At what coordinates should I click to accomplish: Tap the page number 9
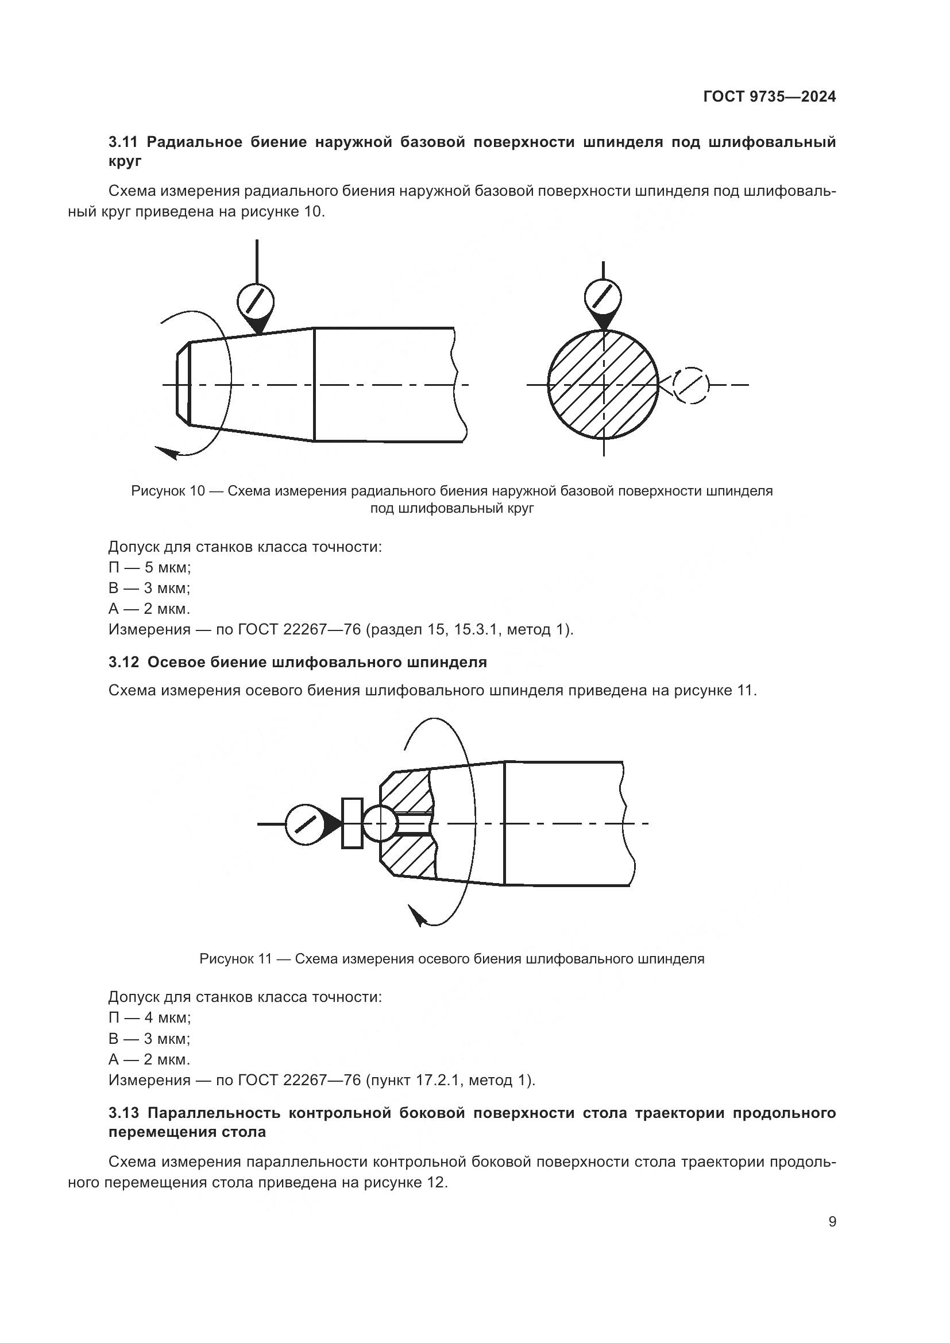pyautogui.click(x=832, y=1222)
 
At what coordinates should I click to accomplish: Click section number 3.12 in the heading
pyautogui.click(x=123, y=662)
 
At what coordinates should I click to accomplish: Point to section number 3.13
pyautogui.click(x=123, y=1113)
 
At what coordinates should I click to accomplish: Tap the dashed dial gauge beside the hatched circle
pyautogui.click(x=691, y=385)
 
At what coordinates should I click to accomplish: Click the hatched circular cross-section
pyautogui.click(x=603, y=384)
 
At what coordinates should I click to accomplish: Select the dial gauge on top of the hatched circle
pyautogui.click(x=603, y=296)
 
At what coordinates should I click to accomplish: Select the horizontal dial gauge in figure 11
pyautogui.click(x=304, y=823)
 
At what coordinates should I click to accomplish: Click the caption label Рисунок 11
pyautogui.click(x=235, y=959)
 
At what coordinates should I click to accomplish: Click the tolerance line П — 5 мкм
pyautogui.click(x=150, y=567)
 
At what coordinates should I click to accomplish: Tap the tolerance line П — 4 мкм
pyautogui.click(x=150, y=1017)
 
